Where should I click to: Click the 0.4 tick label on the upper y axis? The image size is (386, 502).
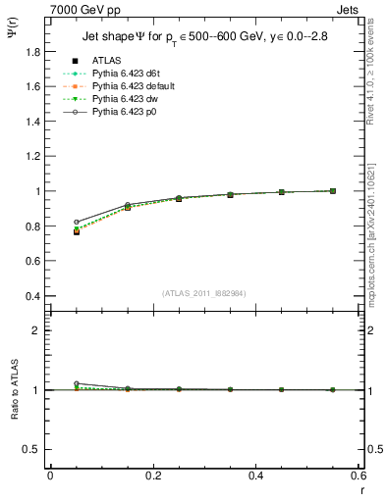pyautogui.click(x=33, y=296)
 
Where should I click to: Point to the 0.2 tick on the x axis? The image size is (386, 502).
pyautogui.click(x=152, y=476)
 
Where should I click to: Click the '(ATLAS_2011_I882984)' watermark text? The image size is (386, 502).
pyautogui.click(x=205, y=292)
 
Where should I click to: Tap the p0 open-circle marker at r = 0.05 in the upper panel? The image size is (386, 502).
pyautogui.click(x=77, y=223)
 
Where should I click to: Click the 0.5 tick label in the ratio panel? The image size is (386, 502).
pyautogui.click(x=33, y=449)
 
